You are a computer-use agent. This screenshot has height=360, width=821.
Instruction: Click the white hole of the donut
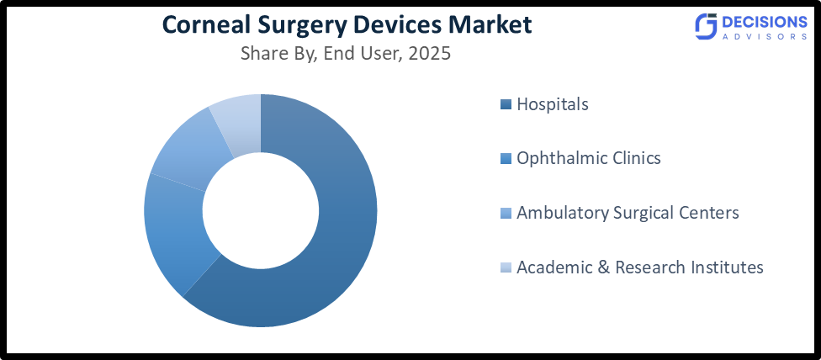pyautogui.click(x=261, y=210)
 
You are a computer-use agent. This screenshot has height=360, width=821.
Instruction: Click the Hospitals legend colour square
pyautogui.click(x=505, y=105)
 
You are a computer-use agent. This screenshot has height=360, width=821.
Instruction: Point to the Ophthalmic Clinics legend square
pyautogui.click(x=505, y=159)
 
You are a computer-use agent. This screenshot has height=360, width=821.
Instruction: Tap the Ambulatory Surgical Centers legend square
pyautogui.click(x=505, y=214)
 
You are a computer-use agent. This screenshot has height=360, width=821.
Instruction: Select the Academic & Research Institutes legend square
pyautogui.click(x=505, y=268)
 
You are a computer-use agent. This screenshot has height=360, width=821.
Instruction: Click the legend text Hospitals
pyautogui.click(x=553, y=105)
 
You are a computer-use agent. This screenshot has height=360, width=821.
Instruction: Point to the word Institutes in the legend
pyautogui.click(x=726, y=268)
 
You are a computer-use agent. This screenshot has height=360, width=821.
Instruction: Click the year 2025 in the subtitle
pyautogui.click(x=428, y=54)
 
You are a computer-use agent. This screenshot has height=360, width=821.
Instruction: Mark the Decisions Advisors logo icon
pyautogui.click(x=705, y=27)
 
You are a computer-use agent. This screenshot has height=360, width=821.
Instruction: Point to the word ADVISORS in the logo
pyautogui.click(x=765, y=37)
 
